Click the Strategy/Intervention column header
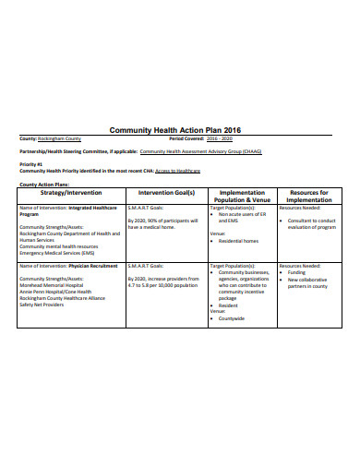point(72,193)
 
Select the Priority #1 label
point(31,163)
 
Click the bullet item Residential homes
point(239,241)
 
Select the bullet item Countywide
point(234,318)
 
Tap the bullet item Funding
point(296,273)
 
